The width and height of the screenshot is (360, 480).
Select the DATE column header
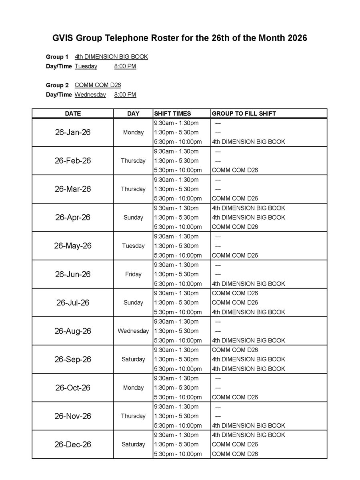73,114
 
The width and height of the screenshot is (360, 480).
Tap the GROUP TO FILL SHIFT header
244,114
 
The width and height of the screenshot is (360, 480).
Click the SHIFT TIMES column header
173,114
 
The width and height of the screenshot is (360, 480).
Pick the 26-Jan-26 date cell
73,132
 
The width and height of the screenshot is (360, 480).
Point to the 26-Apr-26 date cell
73,218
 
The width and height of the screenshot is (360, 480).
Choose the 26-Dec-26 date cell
73,444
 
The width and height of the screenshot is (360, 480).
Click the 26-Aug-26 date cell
73,331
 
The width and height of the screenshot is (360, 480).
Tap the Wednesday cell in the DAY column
133,331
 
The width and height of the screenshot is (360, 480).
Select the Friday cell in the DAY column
133,274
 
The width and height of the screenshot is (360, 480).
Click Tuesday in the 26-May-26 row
133,246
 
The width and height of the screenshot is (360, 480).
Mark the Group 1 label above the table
57,57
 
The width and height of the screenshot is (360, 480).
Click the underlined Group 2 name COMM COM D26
98,85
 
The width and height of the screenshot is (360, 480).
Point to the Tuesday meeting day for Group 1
86,66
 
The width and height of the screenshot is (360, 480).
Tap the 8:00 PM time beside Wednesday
125,95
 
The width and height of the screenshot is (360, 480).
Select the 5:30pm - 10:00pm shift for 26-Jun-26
178,284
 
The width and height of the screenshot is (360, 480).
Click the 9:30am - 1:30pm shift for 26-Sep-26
176,350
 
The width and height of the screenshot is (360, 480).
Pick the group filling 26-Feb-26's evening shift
235,170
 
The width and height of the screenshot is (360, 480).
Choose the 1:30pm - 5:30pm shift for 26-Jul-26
176,303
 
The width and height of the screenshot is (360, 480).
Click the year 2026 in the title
295,38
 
